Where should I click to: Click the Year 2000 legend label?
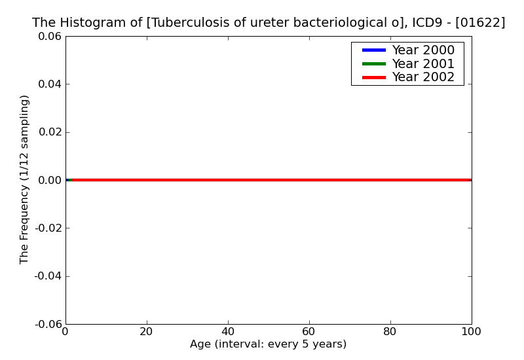pos(423,50)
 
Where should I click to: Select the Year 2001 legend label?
pos(423,63)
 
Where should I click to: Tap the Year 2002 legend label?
pos(423,77)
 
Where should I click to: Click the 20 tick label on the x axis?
pos(147,332)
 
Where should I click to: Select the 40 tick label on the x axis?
pos(228,332)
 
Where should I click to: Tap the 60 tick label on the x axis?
pos(309,332)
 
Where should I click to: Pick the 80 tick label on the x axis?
pos(390,332)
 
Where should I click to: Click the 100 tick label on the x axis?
pos(471,332)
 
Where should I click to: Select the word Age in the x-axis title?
pos(201,344)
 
